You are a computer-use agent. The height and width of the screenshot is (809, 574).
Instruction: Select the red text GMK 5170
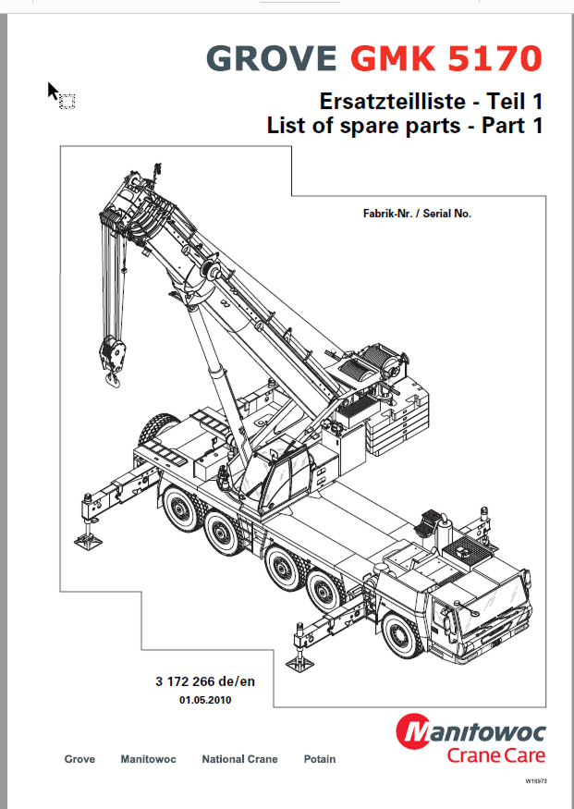[446, 58]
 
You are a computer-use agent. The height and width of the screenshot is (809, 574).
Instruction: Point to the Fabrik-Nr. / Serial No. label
[417, 214]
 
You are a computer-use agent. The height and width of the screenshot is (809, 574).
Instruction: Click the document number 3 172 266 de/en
[204, 682]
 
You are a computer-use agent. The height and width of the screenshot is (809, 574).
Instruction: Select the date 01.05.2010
[205, 701]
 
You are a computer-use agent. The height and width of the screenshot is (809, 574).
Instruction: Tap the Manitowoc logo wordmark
[472, 733]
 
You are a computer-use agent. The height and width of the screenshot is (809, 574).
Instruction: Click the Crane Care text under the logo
[496, 755]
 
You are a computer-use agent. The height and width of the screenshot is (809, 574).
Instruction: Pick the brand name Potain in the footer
[320, 759]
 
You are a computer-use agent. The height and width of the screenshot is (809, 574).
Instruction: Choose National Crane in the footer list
[239, 759]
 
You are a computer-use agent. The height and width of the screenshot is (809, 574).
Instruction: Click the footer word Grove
[79, 759]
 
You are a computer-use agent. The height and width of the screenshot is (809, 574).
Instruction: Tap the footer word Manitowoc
[148, 759]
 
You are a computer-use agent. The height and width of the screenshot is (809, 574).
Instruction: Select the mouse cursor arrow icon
[55, 91]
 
